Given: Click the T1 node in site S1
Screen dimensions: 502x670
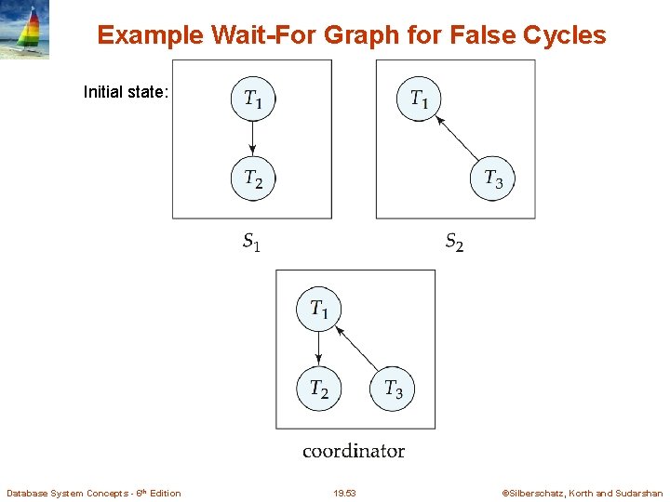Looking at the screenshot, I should [253, 99].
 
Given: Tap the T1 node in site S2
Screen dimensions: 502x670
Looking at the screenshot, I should [419, 99].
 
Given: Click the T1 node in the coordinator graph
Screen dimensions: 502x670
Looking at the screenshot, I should [318, 308].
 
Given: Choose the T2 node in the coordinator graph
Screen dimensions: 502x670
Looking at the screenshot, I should [318, 388].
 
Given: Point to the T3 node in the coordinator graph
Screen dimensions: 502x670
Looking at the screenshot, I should [394, 388].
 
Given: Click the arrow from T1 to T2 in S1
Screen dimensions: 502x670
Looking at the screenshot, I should [253, 138].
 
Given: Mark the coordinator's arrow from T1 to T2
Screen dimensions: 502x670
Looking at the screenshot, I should [318, 348].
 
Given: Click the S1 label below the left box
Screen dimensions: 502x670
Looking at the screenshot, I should [251, 244].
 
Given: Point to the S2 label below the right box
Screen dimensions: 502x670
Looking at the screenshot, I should [454, 244].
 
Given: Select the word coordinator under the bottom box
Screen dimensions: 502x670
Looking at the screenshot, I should [354, 451].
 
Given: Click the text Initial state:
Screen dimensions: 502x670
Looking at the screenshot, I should [126, 92].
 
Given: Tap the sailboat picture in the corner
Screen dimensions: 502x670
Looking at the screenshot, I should [25, 30].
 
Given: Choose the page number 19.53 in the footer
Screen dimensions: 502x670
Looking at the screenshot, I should [344, 493].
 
